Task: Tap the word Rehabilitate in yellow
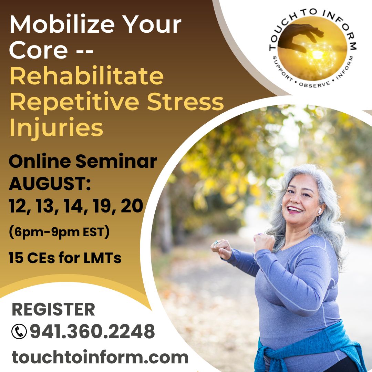point(86,77)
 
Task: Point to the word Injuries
point(56,128)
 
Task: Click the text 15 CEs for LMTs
point(65,258)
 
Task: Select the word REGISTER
point(53,310)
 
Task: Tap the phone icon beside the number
point(19,332)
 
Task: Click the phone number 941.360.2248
point(92,332)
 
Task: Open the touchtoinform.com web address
point(100,357)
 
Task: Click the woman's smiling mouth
point(295,209)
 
